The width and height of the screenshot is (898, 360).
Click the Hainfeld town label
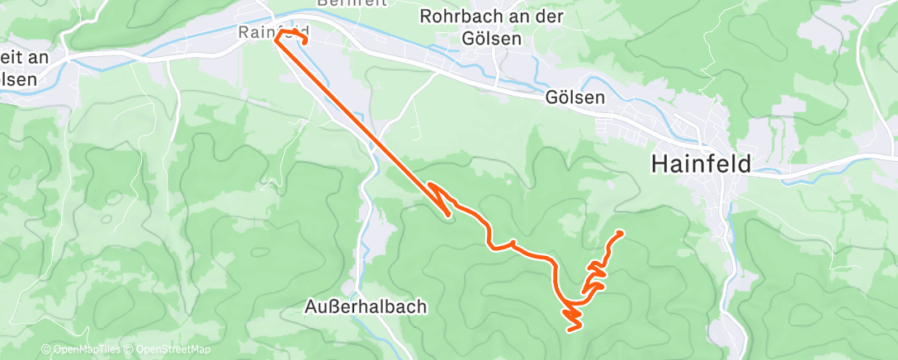click(x=701, y=163)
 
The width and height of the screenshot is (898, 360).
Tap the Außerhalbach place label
click(x=363, y=307)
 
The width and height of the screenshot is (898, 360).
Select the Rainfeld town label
click(x=266, y=32)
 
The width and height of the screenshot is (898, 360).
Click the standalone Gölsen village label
click(x=574, y=97)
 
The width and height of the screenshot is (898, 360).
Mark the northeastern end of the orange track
click(x=619, y=233)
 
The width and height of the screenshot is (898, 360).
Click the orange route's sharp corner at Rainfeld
click(x=275, y=40)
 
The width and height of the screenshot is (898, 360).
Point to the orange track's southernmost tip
click(x=570, y=329)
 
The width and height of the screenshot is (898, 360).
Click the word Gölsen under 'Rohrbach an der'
click(x=493, y=38)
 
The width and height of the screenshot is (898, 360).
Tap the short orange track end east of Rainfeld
click(x=306, y=41)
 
